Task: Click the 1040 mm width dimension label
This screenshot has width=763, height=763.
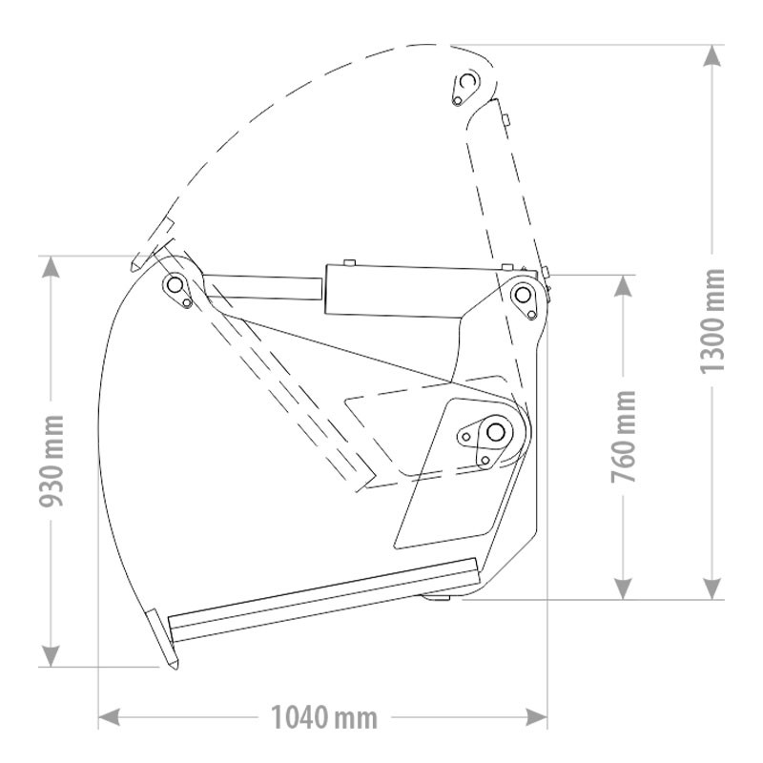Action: (324, 717)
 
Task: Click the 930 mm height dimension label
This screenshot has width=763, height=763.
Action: (52, 461)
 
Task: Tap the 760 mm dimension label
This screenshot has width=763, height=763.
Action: (624, 437)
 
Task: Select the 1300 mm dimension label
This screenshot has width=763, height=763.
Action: (711, 320)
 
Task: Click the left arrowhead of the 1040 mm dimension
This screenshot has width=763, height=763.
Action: (109, 717)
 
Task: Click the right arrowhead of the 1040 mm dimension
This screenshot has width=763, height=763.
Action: (536, 717)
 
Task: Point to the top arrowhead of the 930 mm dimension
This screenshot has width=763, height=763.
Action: (51, 267)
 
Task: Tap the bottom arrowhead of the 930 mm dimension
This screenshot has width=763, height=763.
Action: (51, 656)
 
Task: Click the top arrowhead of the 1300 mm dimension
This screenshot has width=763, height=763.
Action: (711, 55)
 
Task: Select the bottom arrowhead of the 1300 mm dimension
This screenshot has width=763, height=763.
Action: (711, 588)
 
